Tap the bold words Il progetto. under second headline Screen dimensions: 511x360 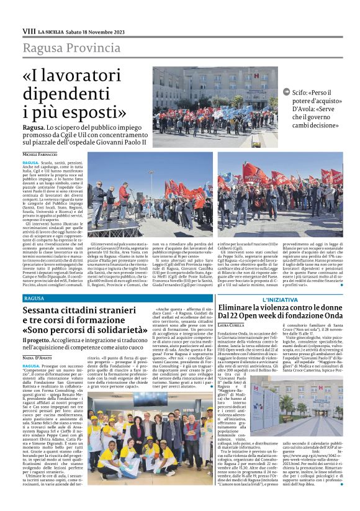[38, 341]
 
